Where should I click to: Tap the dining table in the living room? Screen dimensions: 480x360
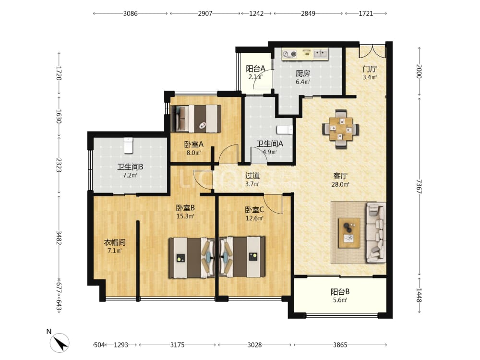341,129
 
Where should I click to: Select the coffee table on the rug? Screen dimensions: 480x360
349,233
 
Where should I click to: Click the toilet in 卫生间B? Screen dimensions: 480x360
129,145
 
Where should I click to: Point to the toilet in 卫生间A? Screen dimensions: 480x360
284,130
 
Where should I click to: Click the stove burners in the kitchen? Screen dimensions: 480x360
289,54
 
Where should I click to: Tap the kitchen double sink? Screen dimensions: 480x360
320,54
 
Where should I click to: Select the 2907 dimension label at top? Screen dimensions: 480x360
205,13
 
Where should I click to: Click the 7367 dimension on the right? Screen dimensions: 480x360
419,186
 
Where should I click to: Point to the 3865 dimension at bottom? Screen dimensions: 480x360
340,345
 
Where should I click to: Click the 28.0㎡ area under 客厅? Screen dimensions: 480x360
340,184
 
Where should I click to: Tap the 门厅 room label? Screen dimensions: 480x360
370,69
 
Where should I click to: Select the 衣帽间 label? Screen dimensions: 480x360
115,242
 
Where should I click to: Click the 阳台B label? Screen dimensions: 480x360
340,292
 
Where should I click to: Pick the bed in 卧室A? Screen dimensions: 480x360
196,119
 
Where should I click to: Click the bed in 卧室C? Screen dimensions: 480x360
242,257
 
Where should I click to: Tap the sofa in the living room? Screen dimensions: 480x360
376,232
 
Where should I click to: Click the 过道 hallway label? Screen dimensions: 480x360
252,176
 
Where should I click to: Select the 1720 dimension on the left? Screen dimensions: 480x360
59,73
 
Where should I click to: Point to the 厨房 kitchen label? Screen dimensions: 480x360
303,73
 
